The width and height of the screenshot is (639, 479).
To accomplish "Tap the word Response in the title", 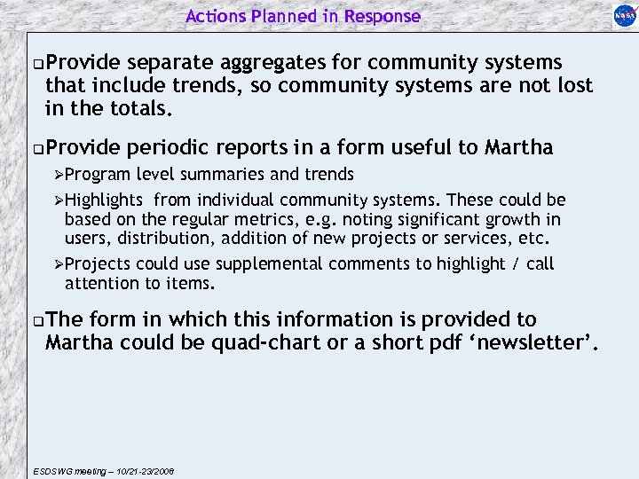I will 383,16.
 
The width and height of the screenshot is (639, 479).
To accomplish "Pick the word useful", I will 430,147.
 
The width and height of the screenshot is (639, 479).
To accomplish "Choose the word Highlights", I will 103,200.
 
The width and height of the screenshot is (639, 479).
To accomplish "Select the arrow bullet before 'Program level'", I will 59,175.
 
